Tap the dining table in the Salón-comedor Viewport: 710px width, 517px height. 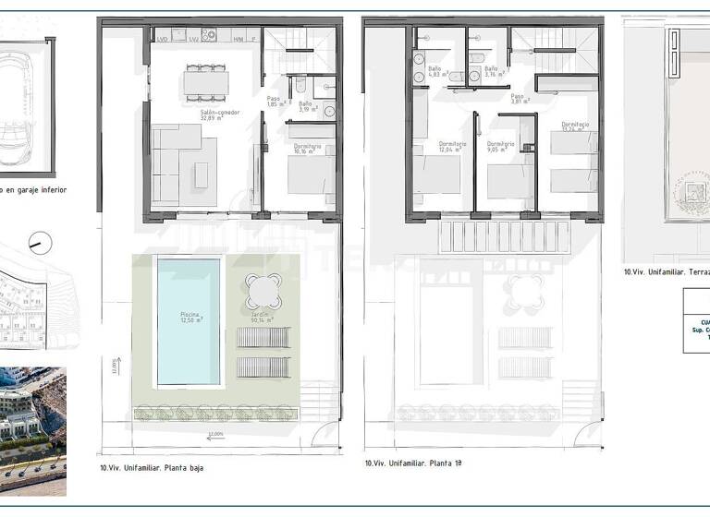pyautogui.click(x=206, y=83)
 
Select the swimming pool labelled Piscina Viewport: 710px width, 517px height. pyautogui.click(x=189, y=321)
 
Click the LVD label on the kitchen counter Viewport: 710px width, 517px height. pyautogui.click(x=163, y=39)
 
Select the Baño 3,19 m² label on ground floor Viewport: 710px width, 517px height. pyautogui.click(x=305, y=107)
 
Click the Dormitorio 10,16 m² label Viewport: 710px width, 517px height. pyautogui.click(x=308, y=149)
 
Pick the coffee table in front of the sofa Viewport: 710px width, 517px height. pyautogui.click(x=201, y=172)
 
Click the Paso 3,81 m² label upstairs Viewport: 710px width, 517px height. pyautogui.click(x=520, y=99)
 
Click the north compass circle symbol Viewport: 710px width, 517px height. pyautogui.click(x=41, y=243)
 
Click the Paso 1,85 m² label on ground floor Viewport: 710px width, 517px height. pyautogui.click(x=274, y=102)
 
